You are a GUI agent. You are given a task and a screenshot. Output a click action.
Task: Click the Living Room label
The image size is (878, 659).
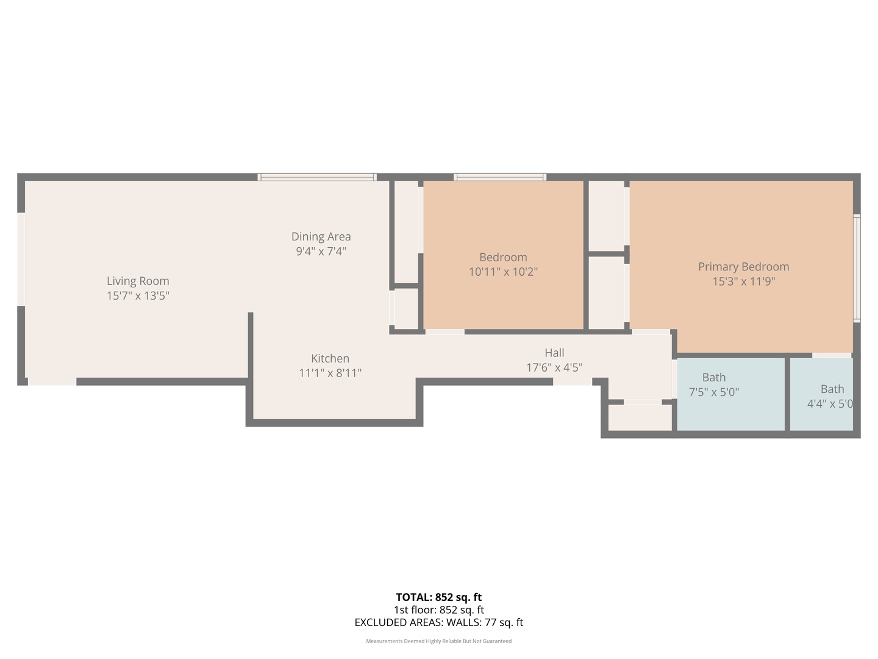coord(138,281)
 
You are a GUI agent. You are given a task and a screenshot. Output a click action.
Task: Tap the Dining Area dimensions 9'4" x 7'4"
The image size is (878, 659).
coord(321,251)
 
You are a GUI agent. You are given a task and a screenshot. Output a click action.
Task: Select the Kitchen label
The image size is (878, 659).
coord(330,358)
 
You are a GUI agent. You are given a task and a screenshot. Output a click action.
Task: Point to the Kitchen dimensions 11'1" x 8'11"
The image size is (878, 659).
coord(330,373)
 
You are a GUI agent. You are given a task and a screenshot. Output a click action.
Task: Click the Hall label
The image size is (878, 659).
coord(554,352)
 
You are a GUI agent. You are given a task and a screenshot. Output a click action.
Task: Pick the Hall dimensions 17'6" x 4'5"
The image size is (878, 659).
coord(554,367)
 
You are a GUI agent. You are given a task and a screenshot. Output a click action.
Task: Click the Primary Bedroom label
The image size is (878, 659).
coord(743,266)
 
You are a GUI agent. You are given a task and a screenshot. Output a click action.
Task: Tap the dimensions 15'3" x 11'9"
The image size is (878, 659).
coord(743,281)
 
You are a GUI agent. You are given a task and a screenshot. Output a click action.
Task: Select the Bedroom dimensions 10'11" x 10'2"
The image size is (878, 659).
coord(503,272)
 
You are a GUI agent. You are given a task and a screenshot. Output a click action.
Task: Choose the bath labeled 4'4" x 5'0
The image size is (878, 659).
coord(821,394)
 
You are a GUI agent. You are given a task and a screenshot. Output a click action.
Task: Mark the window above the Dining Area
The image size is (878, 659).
coord(316,177)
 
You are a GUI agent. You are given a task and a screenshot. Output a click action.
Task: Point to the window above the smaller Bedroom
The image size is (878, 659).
coord(499,177)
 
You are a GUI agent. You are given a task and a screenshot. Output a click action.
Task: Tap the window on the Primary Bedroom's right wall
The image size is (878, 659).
coord(857,268)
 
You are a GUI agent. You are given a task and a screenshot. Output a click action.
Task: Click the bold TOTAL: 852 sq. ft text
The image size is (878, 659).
coord(438,597)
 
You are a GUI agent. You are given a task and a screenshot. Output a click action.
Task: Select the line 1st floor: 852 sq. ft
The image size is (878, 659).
coord(438,610)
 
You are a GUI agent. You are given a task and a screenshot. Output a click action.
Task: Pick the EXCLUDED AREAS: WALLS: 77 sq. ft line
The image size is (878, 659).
coord(438,622)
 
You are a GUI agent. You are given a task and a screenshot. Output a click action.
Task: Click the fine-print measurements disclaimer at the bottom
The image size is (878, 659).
coord(438,641)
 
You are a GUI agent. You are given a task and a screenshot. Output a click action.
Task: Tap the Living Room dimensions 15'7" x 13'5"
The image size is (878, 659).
coord(138,296)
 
